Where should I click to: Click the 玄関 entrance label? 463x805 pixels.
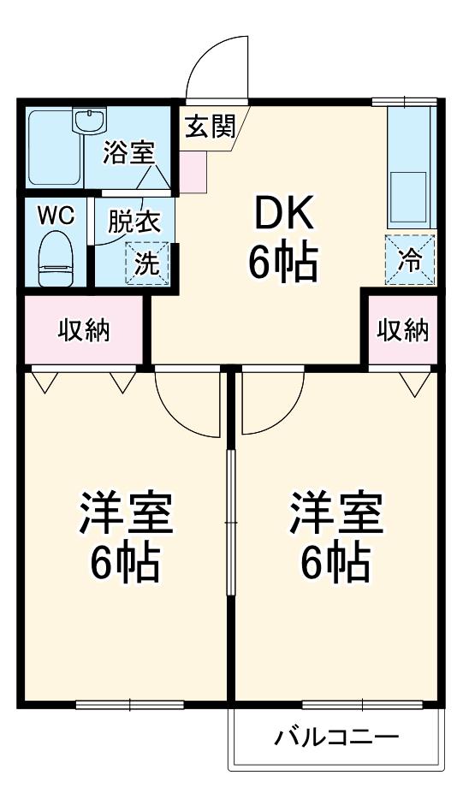click(x=210, y=127)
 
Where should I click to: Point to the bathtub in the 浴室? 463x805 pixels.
click(x=55, y=147)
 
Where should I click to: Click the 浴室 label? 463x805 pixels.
click(x=128, y=152)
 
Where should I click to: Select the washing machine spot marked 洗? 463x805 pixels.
click(x=147, y=263)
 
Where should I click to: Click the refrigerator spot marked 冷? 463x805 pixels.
click(x=410, y=260)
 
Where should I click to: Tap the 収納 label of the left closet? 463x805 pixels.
click(x=83, y=330)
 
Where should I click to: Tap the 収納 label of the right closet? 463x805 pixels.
click(x=403, y=330)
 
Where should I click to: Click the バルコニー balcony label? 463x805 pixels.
click(x=336, y=738)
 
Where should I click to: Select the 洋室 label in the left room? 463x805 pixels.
click(x=126, y=512)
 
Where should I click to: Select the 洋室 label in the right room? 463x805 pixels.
click(x=336, y=512)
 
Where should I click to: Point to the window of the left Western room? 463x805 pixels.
click(x=130, y=705)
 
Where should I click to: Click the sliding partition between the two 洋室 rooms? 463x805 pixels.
click(x=231, y=523)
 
